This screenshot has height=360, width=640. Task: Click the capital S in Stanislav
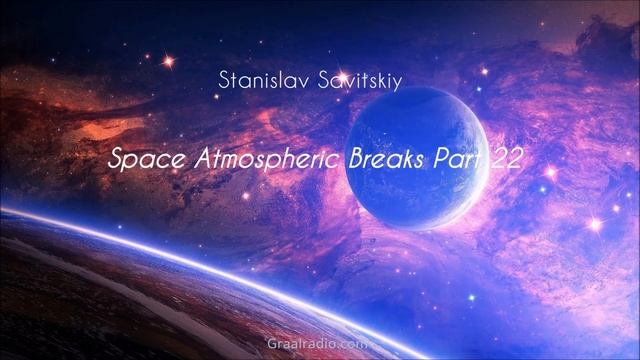coord(222,79)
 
